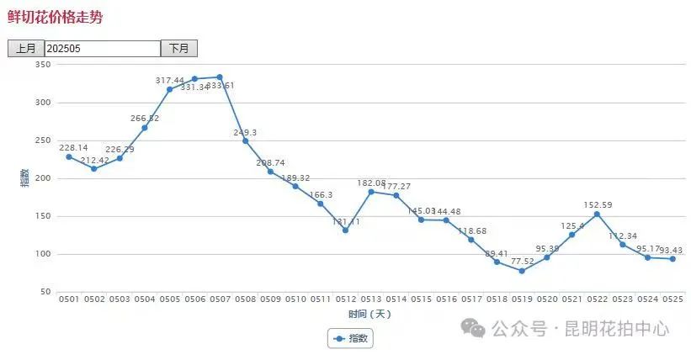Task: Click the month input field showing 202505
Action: point(102,49)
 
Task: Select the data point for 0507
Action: point(220,77)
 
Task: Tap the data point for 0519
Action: point(522,271)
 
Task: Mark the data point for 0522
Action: point(597,214)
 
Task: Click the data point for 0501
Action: point(69,156)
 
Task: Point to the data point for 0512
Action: point(345,230)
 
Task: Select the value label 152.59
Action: point(598,204)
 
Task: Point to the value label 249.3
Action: point(245,132)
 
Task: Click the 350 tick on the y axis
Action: point(42,65)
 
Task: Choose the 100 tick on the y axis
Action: point(42,254)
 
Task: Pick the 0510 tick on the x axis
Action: point(295,299)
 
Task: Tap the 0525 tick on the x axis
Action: point(672,299)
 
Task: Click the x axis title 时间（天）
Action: point(370,314)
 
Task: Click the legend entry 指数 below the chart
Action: point(351,338)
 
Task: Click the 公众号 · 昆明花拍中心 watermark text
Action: point(581,329)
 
